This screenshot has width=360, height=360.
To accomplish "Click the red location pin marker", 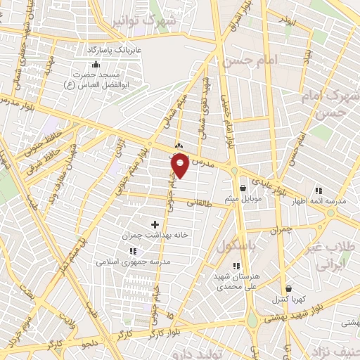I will point(180,166).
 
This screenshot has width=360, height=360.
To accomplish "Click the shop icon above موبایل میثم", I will point(243,188).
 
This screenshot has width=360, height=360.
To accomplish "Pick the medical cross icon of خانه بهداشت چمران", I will point(155,224).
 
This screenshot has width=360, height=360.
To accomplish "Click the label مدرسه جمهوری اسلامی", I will point(134,261).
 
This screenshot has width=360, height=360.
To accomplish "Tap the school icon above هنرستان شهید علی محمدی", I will point(236,266).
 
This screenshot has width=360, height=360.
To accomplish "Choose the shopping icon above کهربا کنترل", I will point(288,288).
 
